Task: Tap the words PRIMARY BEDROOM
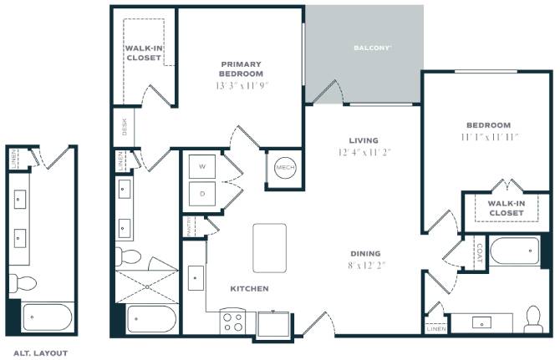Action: (241, 68)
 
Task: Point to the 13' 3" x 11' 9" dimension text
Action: (242, 86)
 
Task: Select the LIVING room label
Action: (364, 140)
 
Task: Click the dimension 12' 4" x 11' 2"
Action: (364, 152)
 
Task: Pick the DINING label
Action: (365, 254)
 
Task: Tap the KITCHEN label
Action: (249, 289)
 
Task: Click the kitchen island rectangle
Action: (270, 248)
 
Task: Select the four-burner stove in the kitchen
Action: (232, 321)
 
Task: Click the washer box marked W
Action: (202, 166)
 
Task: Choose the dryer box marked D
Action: (202, 194)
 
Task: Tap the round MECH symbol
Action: (285, 167)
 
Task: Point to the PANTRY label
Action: (189, 226)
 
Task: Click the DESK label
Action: (125, 127)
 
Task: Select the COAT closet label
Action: (480, 253)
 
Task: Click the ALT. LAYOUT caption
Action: (40, 353)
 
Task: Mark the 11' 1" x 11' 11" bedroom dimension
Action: (490, 137)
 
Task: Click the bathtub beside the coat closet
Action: (515, 251)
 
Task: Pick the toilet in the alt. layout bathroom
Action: (22, 283)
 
